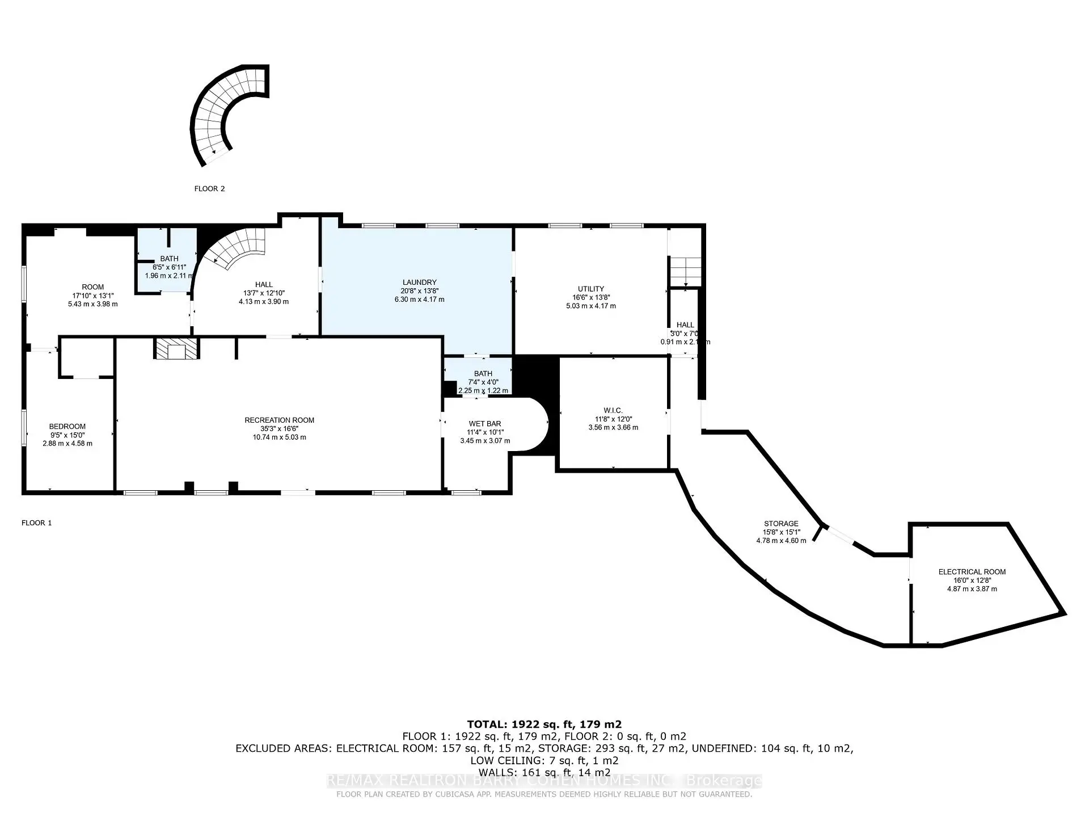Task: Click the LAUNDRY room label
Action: click(x=419, y=283)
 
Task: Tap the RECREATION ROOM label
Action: click(x=279, y=420)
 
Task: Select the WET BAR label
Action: click(x=484, y=424)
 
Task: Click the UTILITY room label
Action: click(x=591, y=289)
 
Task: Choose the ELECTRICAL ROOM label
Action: click(x=972, y=572)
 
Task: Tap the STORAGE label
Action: click(x=781, y=524)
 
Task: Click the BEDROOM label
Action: click(x=67, y=427)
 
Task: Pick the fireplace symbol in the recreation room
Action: click(x=176, y=349)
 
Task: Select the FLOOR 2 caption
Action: click(x=209, y=189)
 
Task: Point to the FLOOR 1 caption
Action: click(x=36, y=523)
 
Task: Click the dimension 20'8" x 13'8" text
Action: click(x=419, y=291)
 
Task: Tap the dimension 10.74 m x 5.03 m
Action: click(x=279, y=437)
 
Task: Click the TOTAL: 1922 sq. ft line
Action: click(x=544, y=725)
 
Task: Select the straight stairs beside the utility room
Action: click(x=685, y=272)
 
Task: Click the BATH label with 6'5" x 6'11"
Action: click(x=169, y=259)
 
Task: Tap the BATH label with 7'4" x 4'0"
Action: click(x=483, y=374)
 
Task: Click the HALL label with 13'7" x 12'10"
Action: click(x=263, y=285)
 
